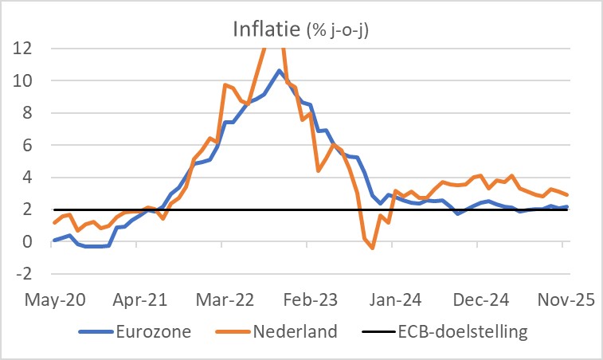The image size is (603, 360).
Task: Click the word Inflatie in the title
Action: pos(267,30)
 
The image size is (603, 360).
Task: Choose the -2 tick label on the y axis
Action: pos(23,274)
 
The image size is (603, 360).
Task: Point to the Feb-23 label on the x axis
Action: pos(308,300)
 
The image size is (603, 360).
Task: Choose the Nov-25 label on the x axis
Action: pos(562,300)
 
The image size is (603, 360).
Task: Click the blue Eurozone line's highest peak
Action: pos(279,70)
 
